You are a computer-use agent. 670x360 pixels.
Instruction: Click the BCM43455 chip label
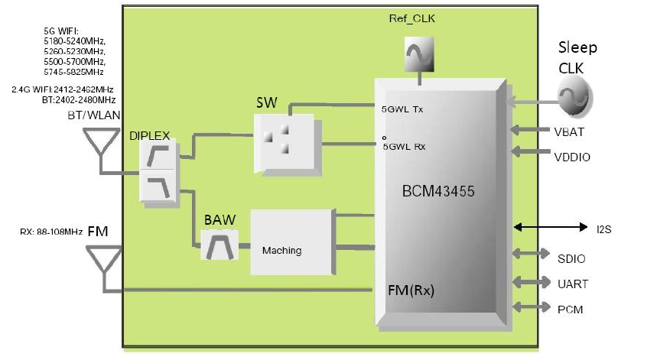(438, 191)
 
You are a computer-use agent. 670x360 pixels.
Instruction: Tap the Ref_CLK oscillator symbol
(419, 54)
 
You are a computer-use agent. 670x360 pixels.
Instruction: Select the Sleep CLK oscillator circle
(574, 96)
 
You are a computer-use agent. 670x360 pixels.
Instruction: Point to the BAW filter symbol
(220, 245)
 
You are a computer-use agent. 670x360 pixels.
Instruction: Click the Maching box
(291, 242)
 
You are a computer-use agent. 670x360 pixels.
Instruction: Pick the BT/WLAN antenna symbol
(101, 142)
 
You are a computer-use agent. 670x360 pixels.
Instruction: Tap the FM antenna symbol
(104, 259)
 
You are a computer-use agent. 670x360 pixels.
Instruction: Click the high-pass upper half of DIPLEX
(158, 155)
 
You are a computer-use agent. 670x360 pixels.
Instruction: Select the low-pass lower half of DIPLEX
(158, 186)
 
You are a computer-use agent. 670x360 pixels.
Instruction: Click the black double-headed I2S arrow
(551, 227)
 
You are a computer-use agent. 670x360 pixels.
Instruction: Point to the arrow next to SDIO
(531, 253)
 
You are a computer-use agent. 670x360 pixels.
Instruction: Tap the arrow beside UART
(531, 282)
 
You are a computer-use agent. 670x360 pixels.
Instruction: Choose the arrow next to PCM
(531, 306)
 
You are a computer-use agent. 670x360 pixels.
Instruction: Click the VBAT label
(569, 132)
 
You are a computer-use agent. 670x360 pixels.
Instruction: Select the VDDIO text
(572, 157)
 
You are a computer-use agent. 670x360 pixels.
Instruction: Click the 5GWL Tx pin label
(402, 109)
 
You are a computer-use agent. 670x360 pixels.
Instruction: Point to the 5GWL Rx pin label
(404, 147)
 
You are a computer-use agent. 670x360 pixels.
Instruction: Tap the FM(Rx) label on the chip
(411, 290)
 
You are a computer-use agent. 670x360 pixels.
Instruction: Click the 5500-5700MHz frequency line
(74, 61)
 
